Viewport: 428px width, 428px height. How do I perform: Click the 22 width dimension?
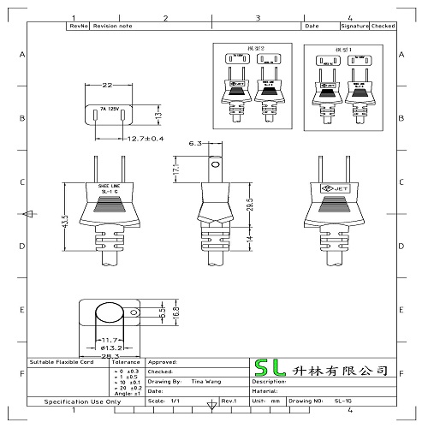107,86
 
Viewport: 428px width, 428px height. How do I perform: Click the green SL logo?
269,371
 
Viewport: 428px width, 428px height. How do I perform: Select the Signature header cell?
357,27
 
